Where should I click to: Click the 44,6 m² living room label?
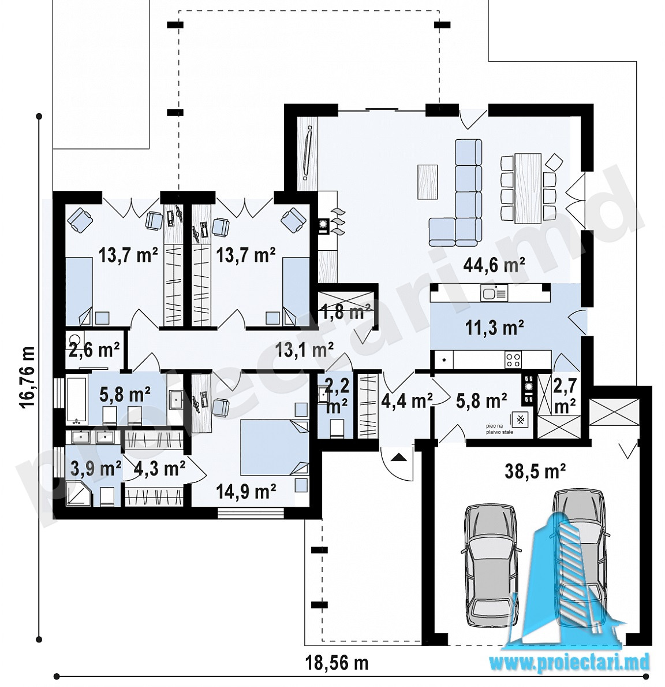[x=494, y=265]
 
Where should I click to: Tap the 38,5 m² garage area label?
[x=535, y=471]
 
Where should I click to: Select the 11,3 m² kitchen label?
[x=494, y=328]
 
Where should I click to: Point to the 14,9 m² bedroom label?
[x=246, y=492]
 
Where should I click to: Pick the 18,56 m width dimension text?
[x=337, y=663]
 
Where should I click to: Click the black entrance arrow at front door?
[x=398, y=458]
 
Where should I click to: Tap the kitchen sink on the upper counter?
[x=494, y=293]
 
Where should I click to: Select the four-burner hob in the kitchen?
[x=513, y=360]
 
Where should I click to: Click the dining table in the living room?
[x=528, y=188]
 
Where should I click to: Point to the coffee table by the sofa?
[x=428, y=181]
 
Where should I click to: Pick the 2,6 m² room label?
[x=95, y=350]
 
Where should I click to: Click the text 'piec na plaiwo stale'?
[x=499, y=429]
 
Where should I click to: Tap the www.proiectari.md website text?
[x=569, y=663]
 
